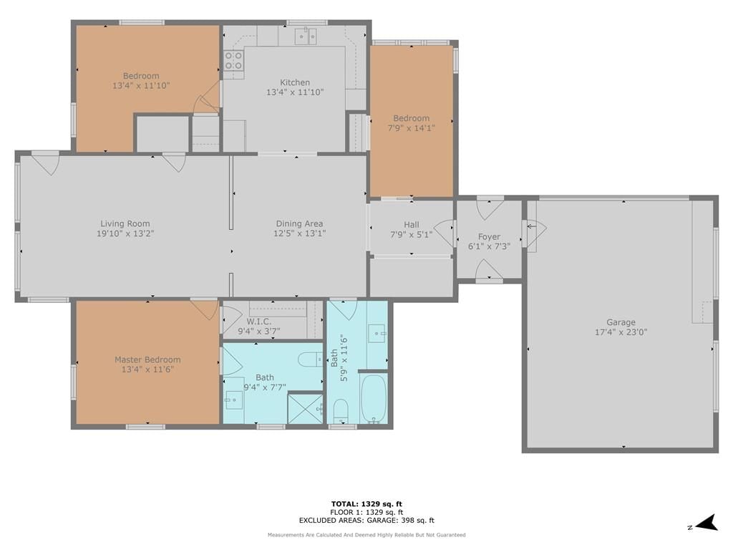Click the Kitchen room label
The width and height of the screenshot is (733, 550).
pos(294,83)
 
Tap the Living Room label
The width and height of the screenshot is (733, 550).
pos(125,224)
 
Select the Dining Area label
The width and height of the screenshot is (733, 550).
pos(299,224)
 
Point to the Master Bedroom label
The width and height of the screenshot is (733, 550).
pos(147,360)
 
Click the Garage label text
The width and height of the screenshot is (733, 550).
pos(621,322)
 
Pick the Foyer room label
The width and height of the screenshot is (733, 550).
pos(489,236)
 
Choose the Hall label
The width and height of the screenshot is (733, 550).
pos(412,224)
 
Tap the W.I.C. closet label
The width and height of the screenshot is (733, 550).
pos(259,322)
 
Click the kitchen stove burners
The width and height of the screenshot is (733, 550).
pos(234,60)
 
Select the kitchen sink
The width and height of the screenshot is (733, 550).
pos(305,37)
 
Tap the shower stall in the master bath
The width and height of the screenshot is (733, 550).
pos(305,409)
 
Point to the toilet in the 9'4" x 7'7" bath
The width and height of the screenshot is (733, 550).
pos(310,360)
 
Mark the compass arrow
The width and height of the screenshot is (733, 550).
pos(707,523)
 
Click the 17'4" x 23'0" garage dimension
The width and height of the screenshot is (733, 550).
pos(621,332)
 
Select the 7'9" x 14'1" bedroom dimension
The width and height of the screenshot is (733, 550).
pos(412,127)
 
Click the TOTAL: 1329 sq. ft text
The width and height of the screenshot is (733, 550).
pos(366,503)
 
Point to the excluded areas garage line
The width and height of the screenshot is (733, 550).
pos(366,520)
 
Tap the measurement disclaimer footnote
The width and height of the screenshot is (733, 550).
pos(366,534)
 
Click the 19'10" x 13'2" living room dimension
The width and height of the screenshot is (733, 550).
pos(125,234)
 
